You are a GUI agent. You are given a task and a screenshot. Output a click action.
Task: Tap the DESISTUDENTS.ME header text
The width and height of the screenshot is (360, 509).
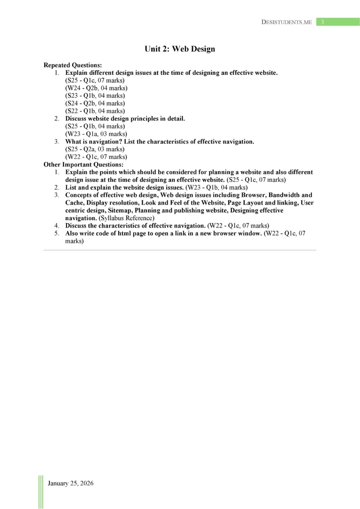[287, 22]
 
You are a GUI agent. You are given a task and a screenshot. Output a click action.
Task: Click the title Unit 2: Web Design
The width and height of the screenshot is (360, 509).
[180, 49]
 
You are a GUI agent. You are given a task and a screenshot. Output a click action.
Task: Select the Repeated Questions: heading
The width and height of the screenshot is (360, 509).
[73, 65]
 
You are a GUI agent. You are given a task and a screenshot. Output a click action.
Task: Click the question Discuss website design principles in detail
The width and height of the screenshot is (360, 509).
[125, 118]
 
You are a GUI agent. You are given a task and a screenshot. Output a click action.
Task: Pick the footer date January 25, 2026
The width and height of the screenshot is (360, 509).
[70, 483]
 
